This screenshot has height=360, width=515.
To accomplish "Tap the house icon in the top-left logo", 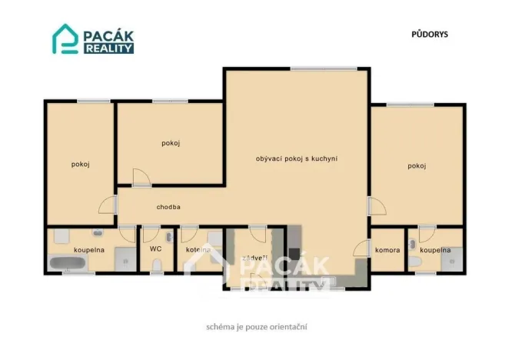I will [65, 41].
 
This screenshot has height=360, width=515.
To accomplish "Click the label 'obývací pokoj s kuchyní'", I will [297, 159].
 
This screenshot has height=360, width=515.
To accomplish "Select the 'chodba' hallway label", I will [168, 207].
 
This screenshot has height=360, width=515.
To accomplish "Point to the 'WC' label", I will [154, 248].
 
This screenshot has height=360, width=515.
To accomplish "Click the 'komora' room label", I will [387, 250].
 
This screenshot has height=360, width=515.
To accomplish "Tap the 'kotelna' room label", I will [198, 249].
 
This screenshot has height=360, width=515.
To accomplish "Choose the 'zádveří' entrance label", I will [254, 258].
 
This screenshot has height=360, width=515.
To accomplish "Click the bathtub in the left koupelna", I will [69, 265].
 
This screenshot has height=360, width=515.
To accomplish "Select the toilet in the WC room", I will [157, 266].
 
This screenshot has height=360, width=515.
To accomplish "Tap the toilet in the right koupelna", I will [415, 265].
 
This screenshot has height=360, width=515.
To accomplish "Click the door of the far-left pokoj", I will [108, 205].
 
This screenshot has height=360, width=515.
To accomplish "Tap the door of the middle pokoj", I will [141, 178].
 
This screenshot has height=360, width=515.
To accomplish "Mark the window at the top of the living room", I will [312, 69].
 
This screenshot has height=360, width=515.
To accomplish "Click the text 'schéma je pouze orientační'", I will [257, 326].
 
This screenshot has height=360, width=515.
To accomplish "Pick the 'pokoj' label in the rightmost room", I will [417, 166].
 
